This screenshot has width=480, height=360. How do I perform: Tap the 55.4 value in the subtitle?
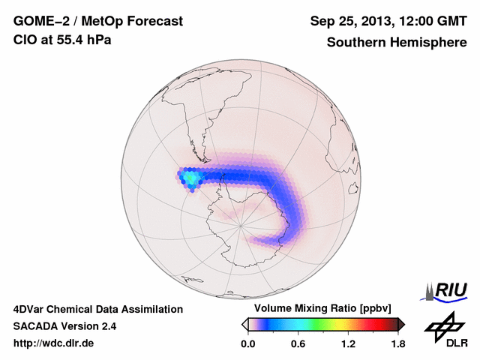71,40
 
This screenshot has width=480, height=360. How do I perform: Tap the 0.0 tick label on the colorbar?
248,344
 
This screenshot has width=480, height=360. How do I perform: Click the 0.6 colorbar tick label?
298,344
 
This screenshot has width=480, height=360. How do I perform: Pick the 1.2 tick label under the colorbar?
348,344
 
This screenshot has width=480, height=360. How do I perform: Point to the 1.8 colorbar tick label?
397,344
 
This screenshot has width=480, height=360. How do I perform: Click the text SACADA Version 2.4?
64,326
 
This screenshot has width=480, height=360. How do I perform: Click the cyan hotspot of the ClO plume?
191,178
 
